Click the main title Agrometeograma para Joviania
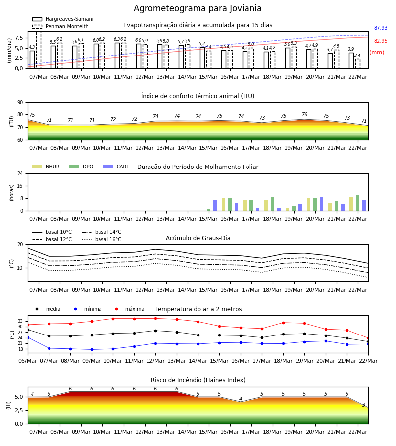[198, 8]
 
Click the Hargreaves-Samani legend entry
[62, 19]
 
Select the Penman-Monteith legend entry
[60, 26]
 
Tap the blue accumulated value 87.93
[381, 28]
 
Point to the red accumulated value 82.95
[381, 41]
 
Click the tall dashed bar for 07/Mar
[39, 50]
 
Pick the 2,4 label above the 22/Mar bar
[357, 56]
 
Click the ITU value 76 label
[304, 114]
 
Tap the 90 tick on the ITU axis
[20, 103]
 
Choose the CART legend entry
[116, 167]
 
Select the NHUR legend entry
[46, 167]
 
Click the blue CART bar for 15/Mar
[215, 205]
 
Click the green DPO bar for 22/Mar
[358, 203]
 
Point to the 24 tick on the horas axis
[20, 173]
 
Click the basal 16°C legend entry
[101, 239]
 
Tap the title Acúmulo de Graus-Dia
[198, 238]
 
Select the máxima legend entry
[128, 309]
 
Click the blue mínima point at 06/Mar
[28, 337]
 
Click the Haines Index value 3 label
[364, 405]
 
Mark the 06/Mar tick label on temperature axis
[28, 361]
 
